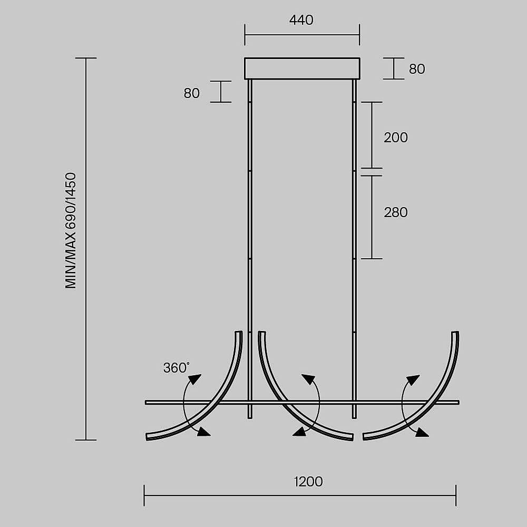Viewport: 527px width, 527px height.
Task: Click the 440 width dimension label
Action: click(301, 20)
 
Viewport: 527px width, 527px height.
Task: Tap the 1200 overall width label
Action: click(308, 482)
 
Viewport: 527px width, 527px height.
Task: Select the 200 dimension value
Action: click(396, 138)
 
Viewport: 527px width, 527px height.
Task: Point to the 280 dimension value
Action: click(396, 212)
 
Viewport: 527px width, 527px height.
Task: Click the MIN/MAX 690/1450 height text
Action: click(71, 231)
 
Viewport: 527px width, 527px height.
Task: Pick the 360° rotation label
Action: click(176, 368)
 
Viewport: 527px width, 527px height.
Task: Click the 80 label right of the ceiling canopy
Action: click(417, 69)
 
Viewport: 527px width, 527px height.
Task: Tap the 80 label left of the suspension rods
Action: click(192, 93)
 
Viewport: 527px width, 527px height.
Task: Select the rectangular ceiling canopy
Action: click(302, 69)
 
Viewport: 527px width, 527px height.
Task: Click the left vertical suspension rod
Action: click(250, 249)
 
